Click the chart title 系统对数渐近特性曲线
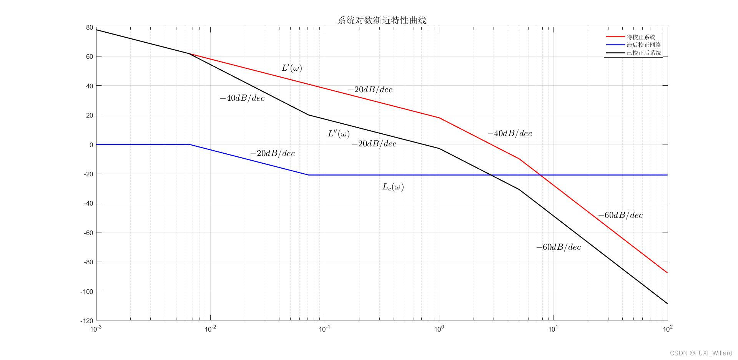point(382,20)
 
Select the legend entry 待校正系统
point(641,37)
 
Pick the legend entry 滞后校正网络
point(643,45)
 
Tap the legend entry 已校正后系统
point(643,53)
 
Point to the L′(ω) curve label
point(292,68)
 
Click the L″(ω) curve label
point(339,134)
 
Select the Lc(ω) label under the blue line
point(393,187)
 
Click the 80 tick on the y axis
point(90,28)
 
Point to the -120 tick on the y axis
point(86,321)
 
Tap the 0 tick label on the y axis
point(91,145)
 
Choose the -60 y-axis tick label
point(88,232)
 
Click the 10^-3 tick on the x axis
point(96,329)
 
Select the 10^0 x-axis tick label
point(439,329)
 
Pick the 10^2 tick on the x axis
point(668,329)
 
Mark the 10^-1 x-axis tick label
point(325,329)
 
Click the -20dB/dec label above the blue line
point(273,154)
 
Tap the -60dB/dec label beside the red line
point(620,216)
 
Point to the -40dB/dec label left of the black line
point(242,98)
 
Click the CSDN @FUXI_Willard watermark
point(701,353)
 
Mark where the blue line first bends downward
point(189,144)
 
